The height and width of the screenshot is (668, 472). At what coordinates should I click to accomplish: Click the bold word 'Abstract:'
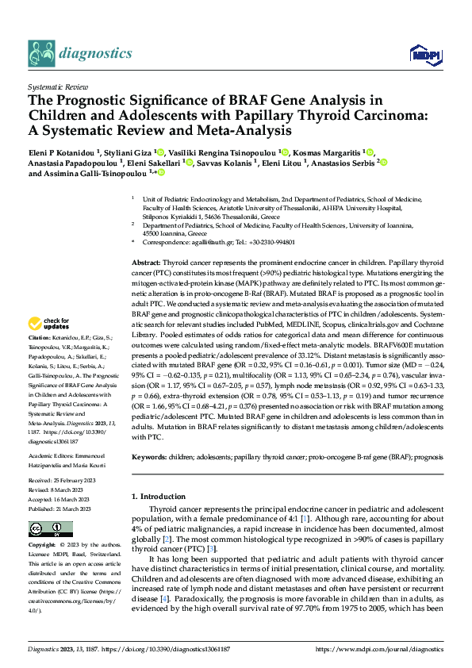point(148,262)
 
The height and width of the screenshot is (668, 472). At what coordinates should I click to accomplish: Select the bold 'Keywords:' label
point(150,459)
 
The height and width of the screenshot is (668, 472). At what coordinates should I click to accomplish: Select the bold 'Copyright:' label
point(43,546)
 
